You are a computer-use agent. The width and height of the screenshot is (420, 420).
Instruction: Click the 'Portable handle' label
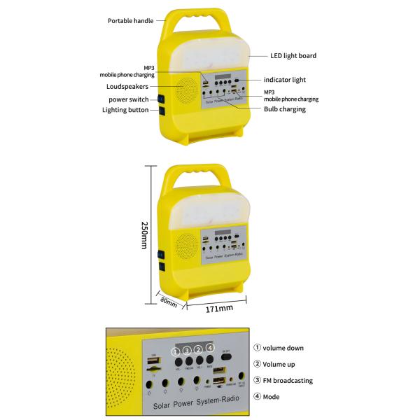point(130,20)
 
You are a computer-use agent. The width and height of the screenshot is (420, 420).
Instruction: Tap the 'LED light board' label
point(293,55)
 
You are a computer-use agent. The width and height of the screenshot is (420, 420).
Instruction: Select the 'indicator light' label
point(285,80)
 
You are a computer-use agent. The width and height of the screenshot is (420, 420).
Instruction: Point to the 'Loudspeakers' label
point(127,87)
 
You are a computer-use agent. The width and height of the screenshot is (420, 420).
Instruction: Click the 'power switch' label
point(128,99)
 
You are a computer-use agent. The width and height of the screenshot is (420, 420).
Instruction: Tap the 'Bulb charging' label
point(285,109)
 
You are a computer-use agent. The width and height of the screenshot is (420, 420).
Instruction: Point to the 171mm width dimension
point(219,308)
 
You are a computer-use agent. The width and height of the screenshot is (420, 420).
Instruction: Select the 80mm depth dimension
point(169,301)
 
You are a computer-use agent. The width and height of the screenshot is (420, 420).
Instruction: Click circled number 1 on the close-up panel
point(175,351)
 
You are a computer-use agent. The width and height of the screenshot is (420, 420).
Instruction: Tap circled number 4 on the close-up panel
point(209,348)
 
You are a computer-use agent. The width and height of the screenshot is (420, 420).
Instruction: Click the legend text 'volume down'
point(283,348)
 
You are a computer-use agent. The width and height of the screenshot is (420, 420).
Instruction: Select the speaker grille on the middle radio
point(185,247)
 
